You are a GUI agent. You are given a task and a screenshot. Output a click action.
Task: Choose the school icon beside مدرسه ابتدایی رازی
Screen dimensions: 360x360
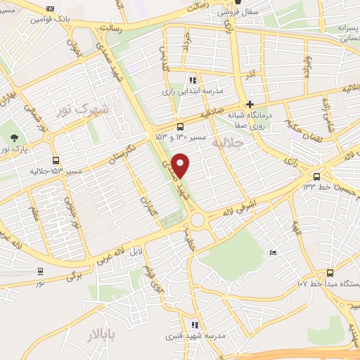193,79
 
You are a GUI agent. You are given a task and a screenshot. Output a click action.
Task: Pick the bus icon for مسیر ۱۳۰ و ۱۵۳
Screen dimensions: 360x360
181,127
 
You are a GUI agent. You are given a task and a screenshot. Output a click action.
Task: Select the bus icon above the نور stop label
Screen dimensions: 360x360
40,270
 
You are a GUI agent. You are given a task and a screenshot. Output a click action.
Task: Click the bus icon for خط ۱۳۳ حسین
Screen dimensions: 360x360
317,176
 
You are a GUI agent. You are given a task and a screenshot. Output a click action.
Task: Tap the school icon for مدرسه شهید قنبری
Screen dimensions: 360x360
195,325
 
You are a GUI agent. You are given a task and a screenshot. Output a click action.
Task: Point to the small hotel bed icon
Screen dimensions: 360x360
273,253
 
